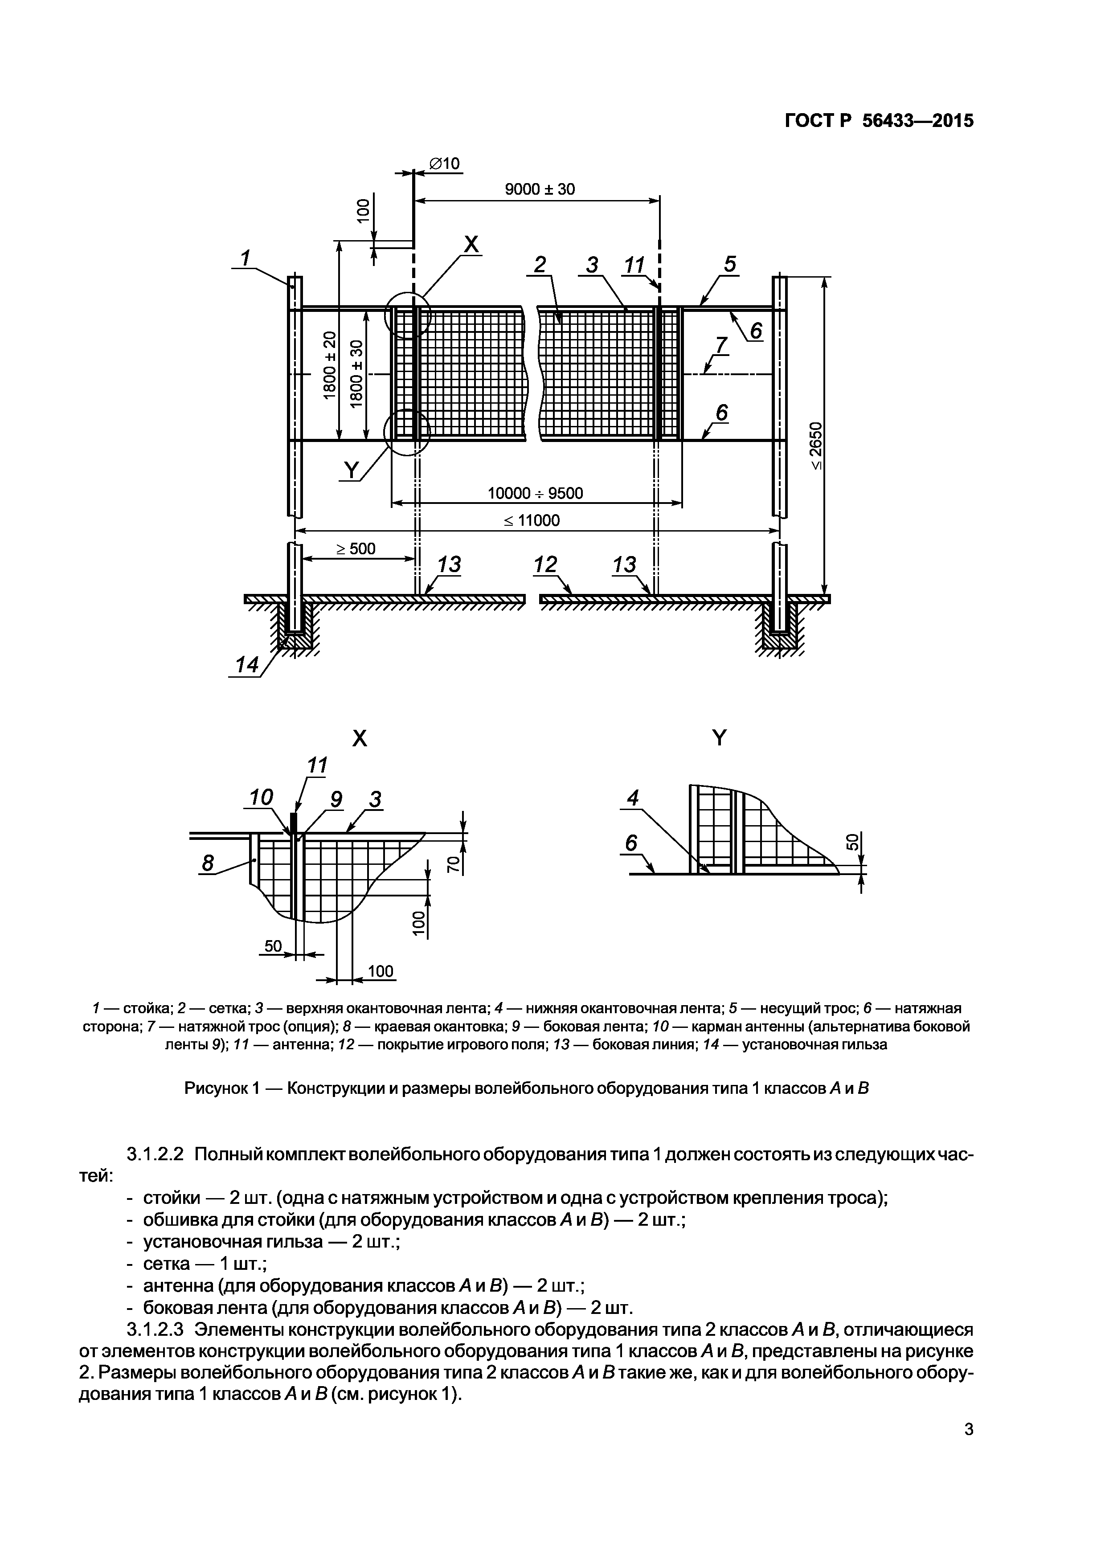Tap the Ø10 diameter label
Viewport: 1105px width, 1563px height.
click(445, 164)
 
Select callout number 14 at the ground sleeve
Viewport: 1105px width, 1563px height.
click(246, 665)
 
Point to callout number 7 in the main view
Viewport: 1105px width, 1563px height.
click(721, 345)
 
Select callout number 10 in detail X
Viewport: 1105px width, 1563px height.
click(261, 797)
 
